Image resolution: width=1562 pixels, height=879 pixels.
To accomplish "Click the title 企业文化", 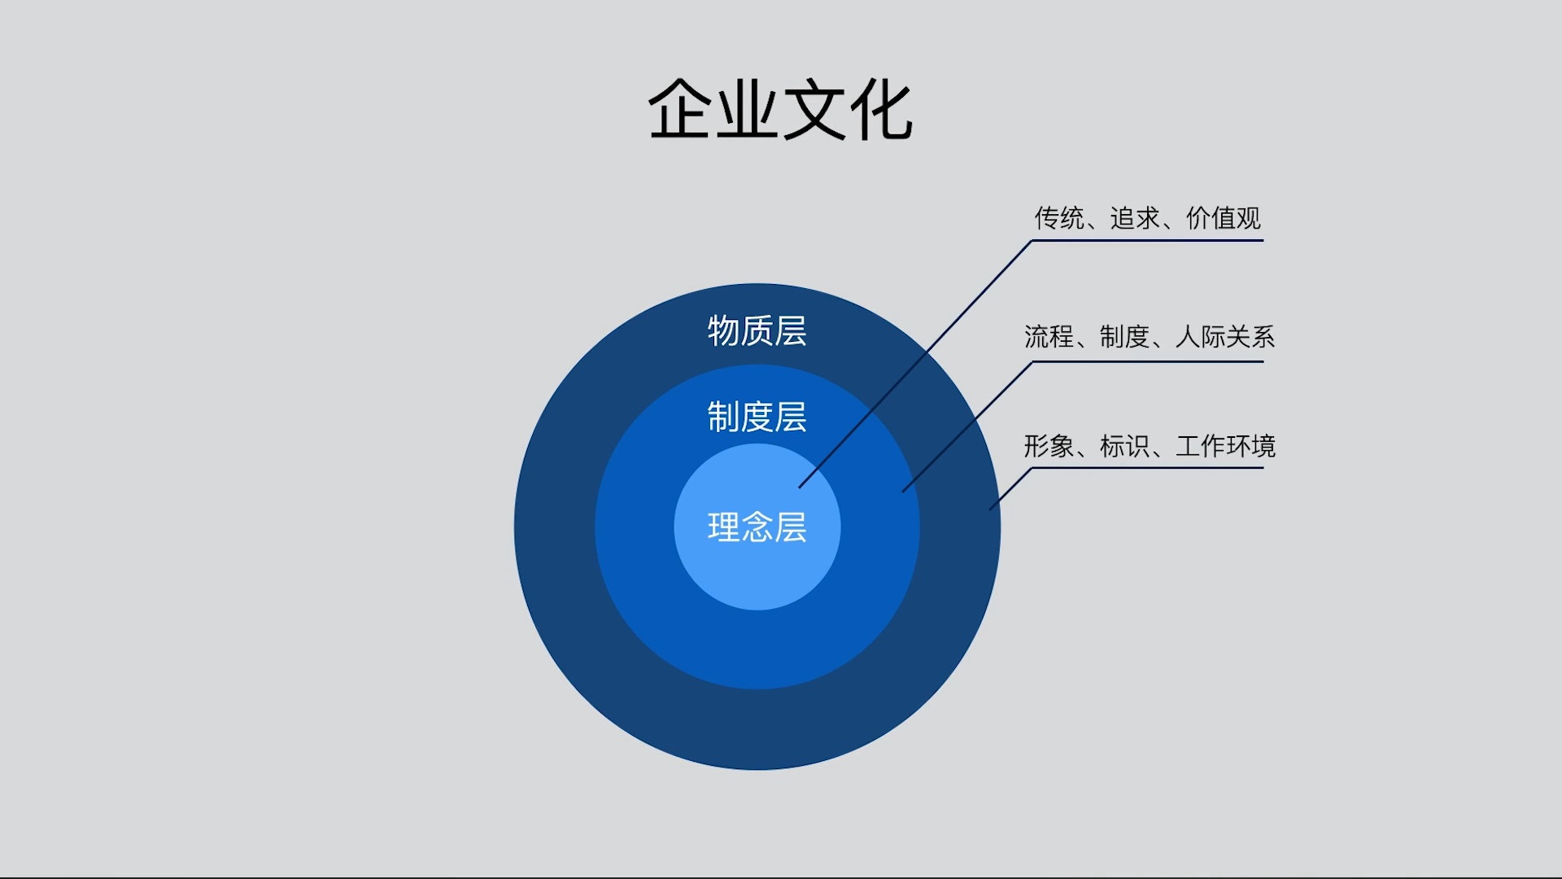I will [779, 111].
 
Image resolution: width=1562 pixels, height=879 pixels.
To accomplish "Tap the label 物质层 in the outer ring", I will [757, 331].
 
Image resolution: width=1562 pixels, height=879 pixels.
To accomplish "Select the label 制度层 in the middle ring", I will [757, 417].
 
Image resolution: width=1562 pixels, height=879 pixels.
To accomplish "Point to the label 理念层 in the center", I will [757, 527].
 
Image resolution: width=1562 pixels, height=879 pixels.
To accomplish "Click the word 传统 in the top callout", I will [1059, 218].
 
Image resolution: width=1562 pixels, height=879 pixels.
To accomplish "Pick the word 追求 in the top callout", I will [1135, 218].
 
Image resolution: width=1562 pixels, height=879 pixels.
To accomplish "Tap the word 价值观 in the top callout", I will [1223, 218].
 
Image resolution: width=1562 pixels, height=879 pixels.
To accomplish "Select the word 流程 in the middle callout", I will [1049, 336].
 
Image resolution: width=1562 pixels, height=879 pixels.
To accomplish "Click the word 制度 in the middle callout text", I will [1124, 336].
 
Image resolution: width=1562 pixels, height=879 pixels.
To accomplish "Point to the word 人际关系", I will [1224, 336].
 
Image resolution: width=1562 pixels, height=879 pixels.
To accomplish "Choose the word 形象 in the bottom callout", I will [1049, 446].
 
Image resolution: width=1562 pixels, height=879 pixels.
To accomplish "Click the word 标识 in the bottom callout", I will [1124, 446].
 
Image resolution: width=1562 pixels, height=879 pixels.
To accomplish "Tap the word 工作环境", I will [1225, 446].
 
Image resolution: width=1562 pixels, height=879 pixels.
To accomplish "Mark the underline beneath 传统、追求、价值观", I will [1147, 240].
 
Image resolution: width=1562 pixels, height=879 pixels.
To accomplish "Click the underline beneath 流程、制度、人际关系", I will [1147, 361].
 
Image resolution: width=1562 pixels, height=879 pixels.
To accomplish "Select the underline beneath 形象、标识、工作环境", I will [1147, 468].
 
